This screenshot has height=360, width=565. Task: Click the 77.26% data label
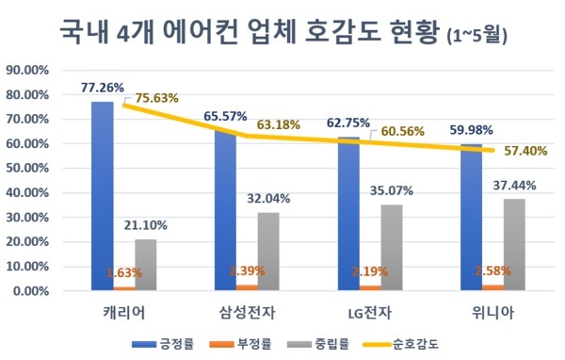click(102, 88)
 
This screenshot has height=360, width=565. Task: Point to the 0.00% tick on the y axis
click(28, 291)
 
